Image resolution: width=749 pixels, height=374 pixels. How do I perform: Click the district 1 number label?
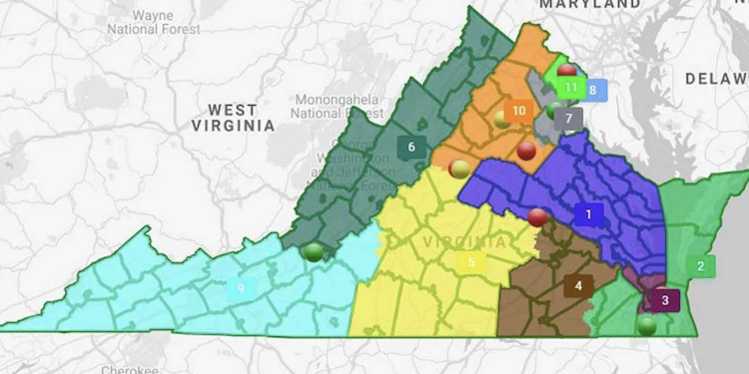click(x=589, y=213)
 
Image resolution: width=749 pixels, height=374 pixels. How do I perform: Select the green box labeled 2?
click(x=701, y=265)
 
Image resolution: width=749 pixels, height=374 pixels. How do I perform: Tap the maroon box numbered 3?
click(x=665, y=299)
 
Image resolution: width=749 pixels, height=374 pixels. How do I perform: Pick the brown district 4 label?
click(x=579, y=286)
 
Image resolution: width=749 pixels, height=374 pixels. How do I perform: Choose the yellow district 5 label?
click(x=471, y=263)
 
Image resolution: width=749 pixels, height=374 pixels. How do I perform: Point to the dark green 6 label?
click(x=409, y=147)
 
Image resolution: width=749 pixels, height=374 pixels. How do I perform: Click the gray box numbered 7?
click(x=568, y=118)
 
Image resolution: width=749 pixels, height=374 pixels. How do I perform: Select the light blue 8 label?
click(x=593, y=90)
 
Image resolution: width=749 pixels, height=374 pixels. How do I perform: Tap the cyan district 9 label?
click(x=240, y=289)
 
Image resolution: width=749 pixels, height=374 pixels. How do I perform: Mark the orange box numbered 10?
click(x=518, y=111)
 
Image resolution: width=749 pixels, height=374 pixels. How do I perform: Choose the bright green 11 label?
click(x=570, y=87)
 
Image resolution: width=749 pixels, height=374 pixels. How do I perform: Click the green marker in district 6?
click(x=315, y=251)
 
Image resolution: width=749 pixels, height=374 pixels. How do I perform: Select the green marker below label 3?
click(x=647, y=324)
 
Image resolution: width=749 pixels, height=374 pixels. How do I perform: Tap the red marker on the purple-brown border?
click(x=537, y=216)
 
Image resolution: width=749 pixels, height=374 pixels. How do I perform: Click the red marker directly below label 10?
click(x=527, y=151)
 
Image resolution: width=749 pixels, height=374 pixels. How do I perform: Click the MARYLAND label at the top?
click(x=589, y=5)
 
